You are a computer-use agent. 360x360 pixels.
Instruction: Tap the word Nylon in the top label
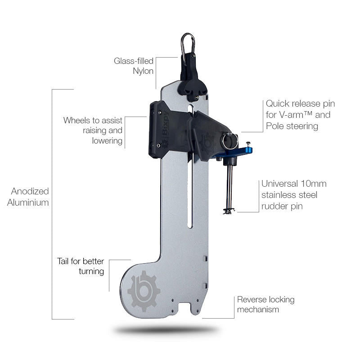click(x=143, y=71)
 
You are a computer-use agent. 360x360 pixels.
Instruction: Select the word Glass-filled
click(x=134, y=61)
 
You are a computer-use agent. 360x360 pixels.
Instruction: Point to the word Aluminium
click(x=28, y=202)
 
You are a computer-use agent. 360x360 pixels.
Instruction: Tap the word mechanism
click(x=258, y=310)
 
